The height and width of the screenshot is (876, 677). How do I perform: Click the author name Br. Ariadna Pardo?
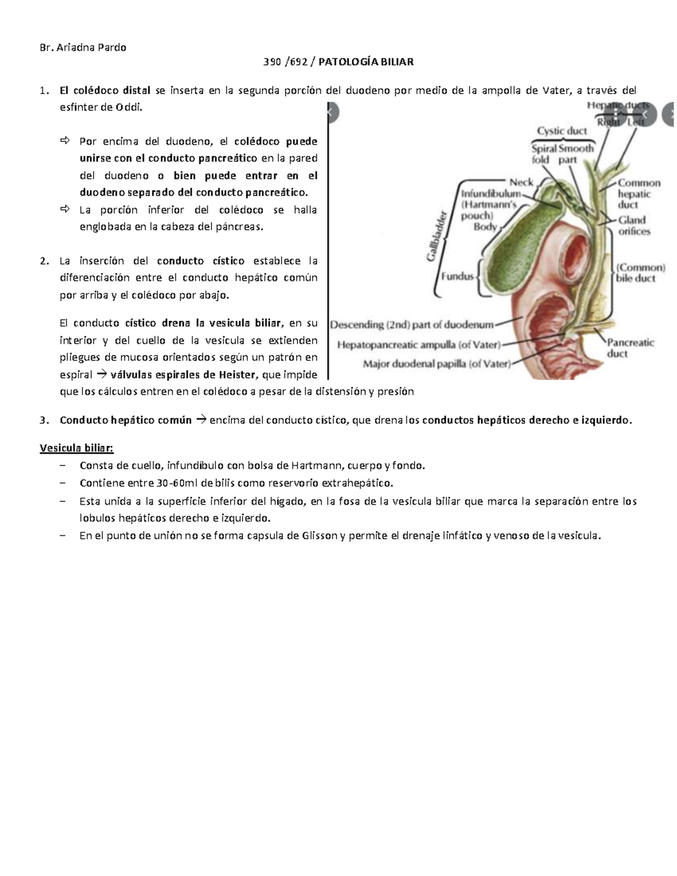(83, 47)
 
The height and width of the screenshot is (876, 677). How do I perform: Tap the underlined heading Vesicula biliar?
(76, 448)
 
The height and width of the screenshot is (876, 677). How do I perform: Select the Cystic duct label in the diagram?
(561, 131)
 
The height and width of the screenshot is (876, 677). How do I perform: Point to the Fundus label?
(457, 277)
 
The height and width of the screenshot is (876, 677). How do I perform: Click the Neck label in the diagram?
(521, 182)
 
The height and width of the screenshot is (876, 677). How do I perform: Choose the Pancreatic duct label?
(630, 348)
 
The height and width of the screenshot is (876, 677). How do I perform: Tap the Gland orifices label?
(634, 226)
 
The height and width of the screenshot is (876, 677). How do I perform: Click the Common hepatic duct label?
(639, 193)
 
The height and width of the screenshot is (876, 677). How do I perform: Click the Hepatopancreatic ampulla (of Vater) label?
(418, 344)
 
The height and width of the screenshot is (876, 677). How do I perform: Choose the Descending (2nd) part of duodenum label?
(411, 325)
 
